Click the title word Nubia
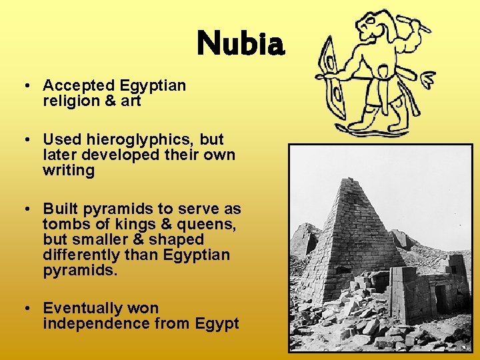pos(241,45)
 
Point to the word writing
pos(69,171)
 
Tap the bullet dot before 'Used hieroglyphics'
pos(24,140)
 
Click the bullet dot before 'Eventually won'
pos(24,309)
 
